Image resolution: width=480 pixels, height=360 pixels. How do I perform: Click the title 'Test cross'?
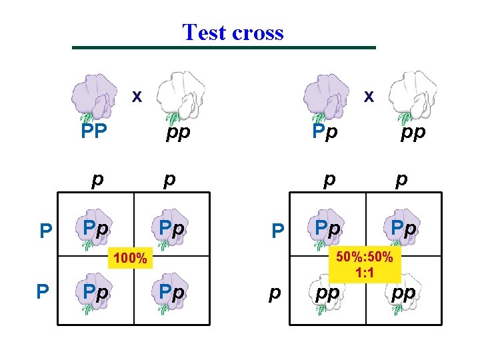[233, 32]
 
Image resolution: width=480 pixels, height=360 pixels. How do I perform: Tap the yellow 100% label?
[129, 257]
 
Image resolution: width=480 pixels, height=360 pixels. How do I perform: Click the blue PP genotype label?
[94, 131]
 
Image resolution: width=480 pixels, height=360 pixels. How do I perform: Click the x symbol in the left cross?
[136, 97]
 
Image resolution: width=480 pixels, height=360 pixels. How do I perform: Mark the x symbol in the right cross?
[367, 97]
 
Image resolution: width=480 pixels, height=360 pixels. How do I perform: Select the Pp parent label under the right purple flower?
[325, 131]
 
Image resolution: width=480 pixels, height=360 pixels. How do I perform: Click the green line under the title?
[224, 47]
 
